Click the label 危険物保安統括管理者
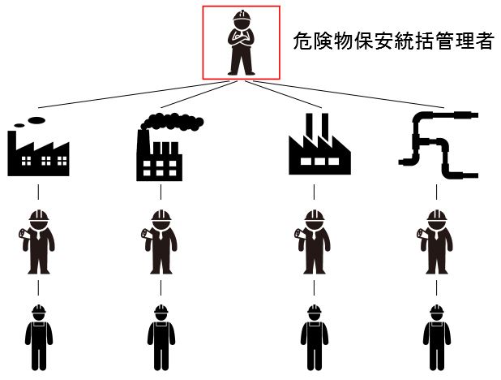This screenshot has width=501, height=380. click(x=393, y=43)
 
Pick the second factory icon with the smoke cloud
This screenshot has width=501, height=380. click(x=160, y=150)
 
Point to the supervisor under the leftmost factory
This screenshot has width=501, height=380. click(x=37, y=241)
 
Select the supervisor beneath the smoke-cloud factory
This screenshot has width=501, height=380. click(x=160, y=241)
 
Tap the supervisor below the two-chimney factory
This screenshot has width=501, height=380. click(x=311, y=241)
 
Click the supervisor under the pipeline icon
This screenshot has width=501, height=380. click(x=436, y=241)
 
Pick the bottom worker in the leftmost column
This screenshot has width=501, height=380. click(x=37, y=336)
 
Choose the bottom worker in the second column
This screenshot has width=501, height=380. click(x=160, y=336)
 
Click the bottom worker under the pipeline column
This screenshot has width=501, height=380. click(x=436, y=336)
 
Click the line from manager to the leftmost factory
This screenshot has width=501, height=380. click(x=122, y=93)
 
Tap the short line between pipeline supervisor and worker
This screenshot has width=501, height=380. click(x=436, y=289)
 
